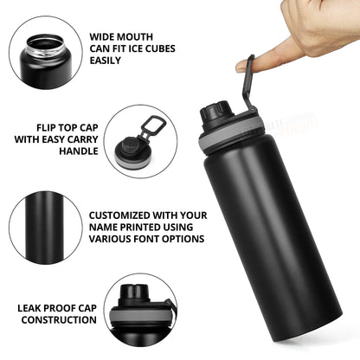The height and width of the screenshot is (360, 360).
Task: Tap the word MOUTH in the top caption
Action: tap(138, 37)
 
